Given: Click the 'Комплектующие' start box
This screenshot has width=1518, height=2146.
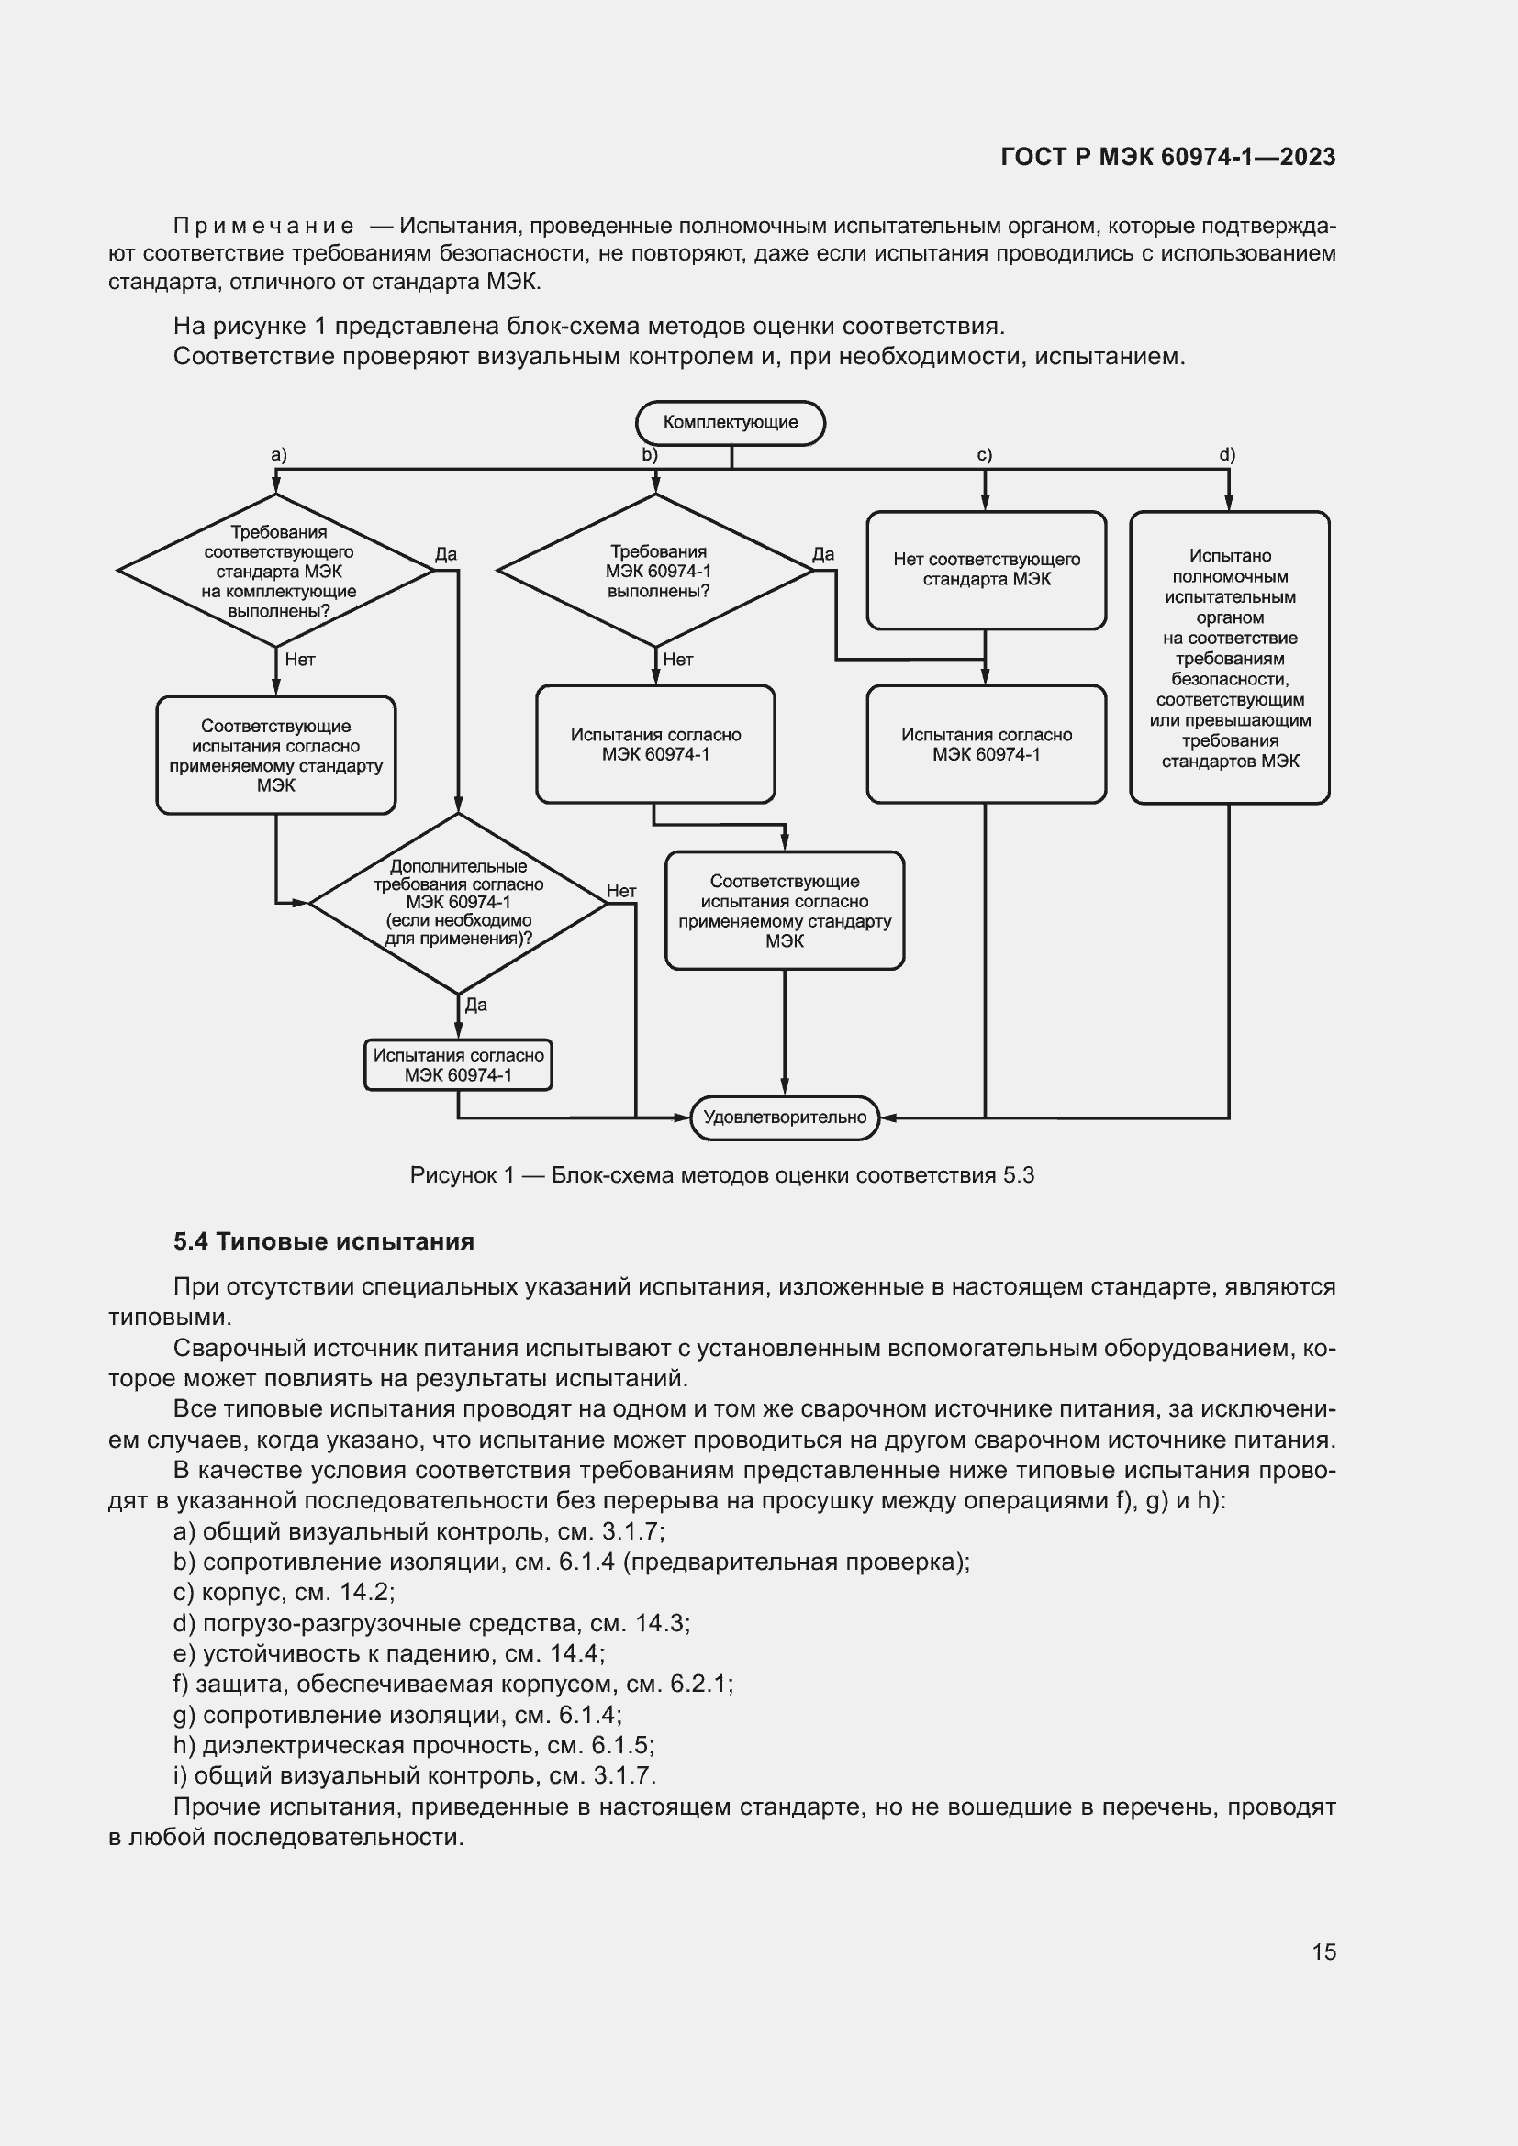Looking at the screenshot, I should click(730, 422).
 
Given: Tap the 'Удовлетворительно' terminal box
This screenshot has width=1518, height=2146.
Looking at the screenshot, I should click(784, 1117).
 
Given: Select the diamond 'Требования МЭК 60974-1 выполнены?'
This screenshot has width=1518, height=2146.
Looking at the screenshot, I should click(656, 570).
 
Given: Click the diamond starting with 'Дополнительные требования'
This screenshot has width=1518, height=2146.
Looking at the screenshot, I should click(458, 902).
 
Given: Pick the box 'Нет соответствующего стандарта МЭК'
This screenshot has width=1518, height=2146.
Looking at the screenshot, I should click(986, 569).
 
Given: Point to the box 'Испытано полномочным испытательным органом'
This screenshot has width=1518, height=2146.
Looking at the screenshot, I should click(1229, 657).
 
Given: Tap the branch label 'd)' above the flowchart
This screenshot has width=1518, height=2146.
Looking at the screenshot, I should click(1226, 455).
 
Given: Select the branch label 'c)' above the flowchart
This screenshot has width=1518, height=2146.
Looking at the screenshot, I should click(984, 455).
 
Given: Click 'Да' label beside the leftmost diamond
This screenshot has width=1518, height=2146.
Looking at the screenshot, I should click(446, 554).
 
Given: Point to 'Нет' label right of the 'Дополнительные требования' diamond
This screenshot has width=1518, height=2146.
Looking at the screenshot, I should click(621, 891).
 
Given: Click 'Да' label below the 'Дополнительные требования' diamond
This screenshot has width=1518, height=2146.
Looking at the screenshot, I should click(475, 1005).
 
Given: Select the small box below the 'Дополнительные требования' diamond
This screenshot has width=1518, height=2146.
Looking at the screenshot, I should click(458, 1064).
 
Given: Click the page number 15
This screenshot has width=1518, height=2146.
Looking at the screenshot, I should click(1323, 1951).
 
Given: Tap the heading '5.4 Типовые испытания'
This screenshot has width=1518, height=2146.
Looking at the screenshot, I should click(323, 1241).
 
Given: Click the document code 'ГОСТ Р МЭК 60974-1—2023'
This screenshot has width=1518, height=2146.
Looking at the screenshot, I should click(1167, 157).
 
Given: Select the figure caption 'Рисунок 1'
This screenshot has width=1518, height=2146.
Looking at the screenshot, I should click(721, 1175).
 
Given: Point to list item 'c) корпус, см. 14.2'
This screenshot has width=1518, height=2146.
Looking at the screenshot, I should click(285, 1592).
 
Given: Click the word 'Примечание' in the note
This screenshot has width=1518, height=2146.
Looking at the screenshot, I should click(263, 227).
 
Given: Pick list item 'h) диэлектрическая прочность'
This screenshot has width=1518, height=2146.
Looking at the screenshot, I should click(413, 1745).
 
